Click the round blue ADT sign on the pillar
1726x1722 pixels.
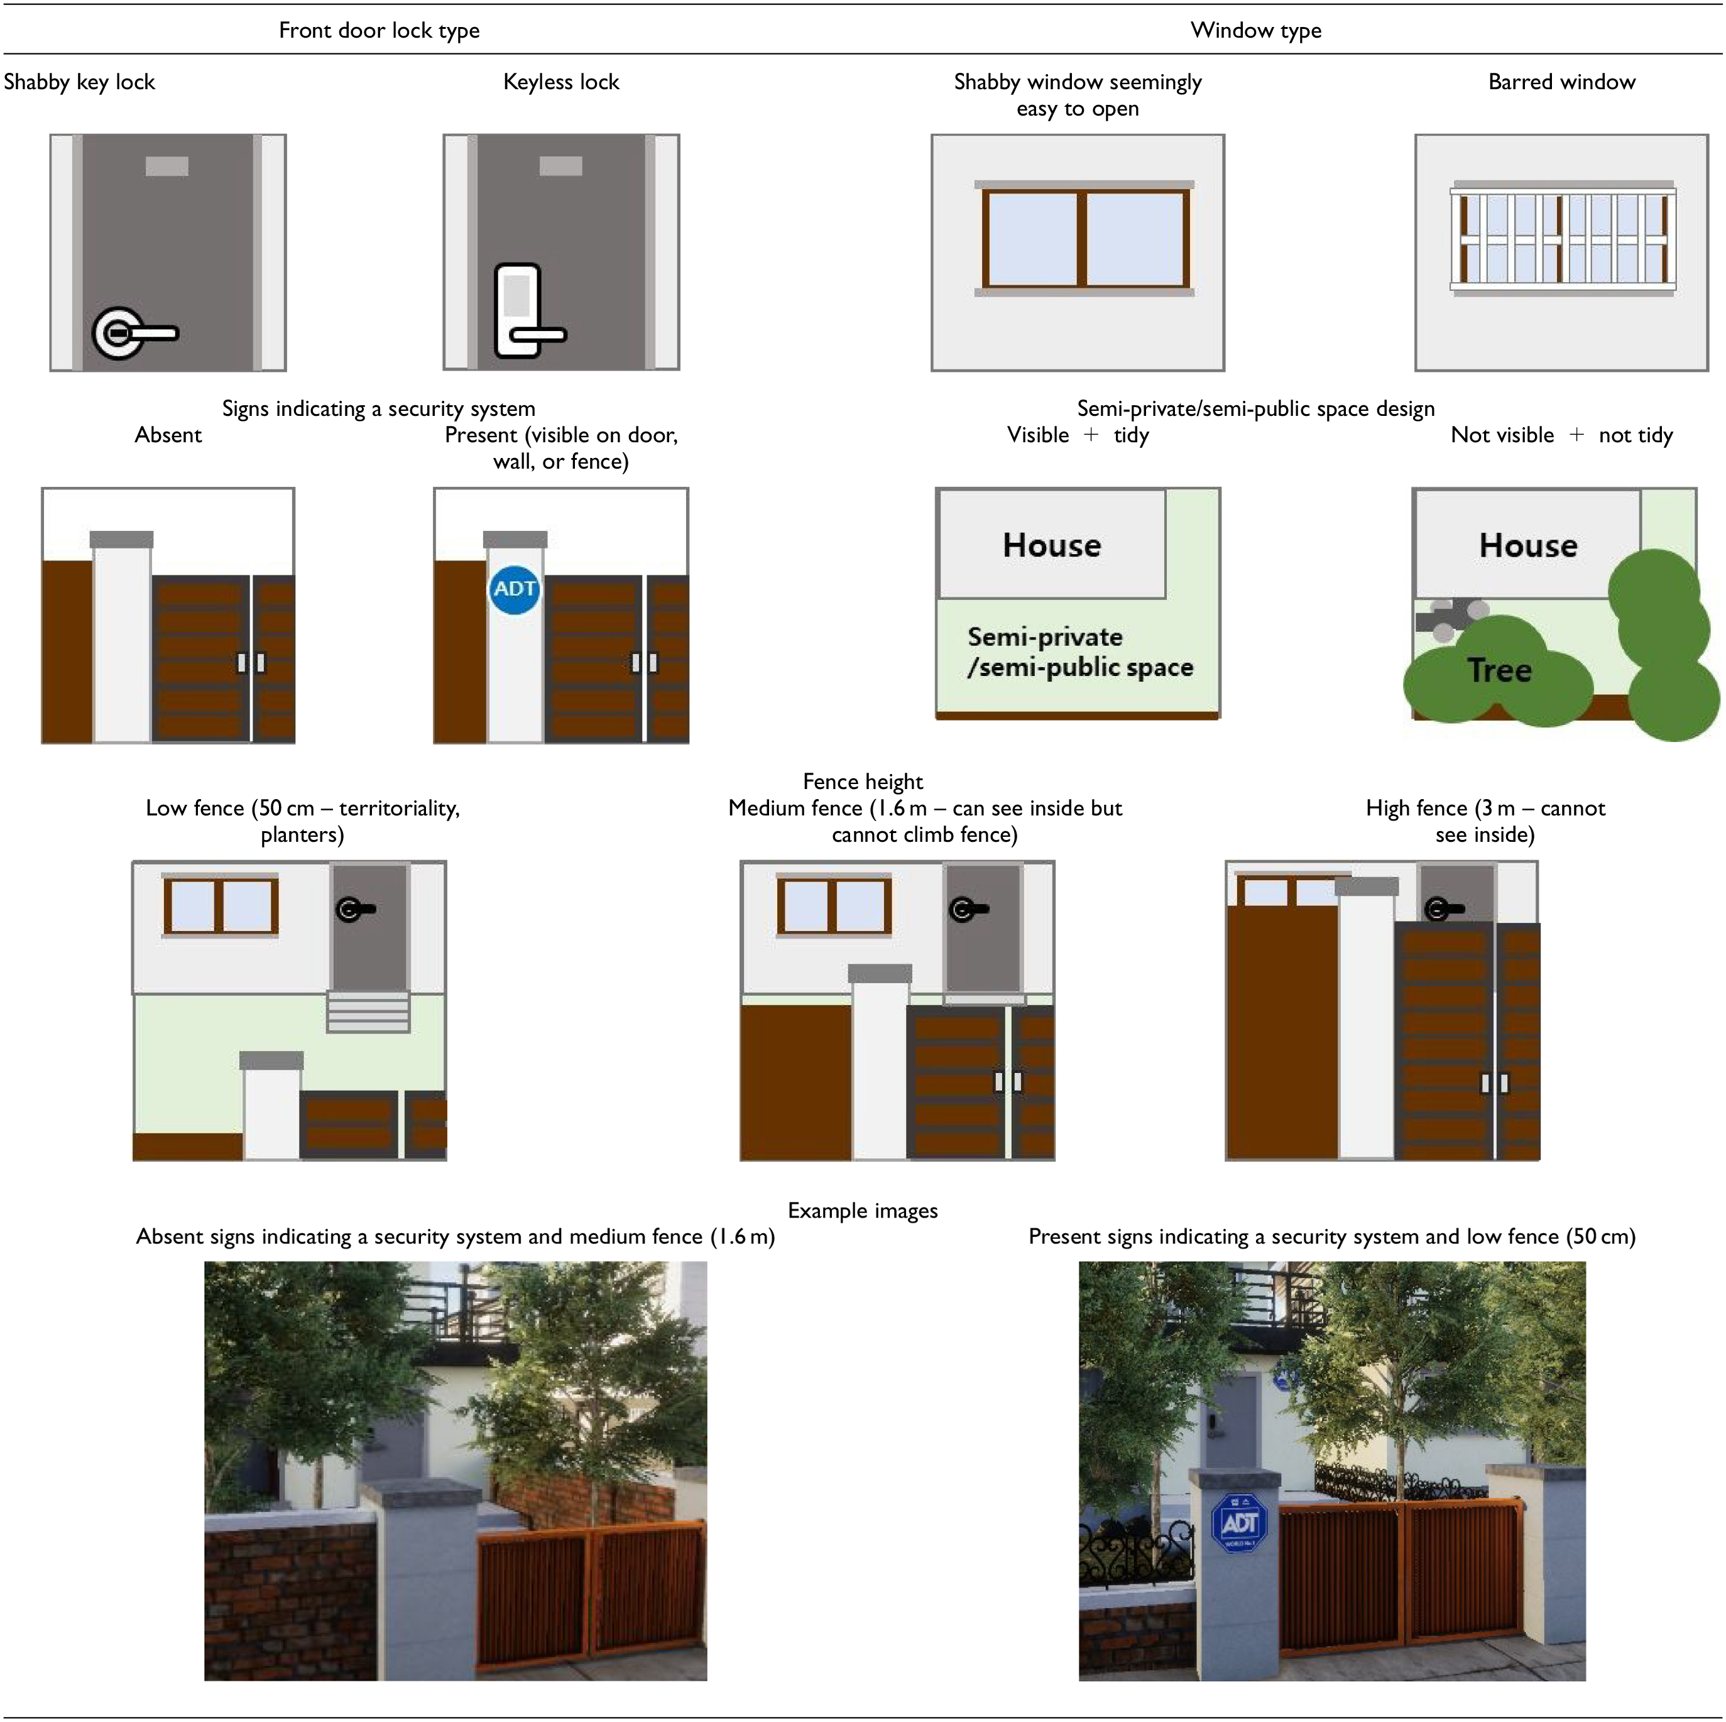coord(515,589)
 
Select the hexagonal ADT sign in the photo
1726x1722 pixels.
coord(1240,1522)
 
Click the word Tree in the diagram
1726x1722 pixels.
coord(1499,670)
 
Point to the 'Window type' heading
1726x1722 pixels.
coord(1256,30)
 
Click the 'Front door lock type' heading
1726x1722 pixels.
coord(379,30)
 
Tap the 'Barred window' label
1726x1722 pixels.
coord(1561,82)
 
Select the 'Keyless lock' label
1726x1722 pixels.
coord(561,82)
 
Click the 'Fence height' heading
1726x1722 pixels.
coord(863,782)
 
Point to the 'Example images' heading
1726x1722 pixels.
coord(863,1210)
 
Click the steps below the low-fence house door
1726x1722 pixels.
coord(368,1012)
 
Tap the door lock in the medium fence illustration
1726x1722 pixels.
coord(968,909)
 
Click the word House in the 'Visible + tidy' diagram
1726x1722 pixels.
coord(1052,545)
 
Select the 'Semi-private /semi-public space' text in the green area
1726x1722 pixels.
coord(1080,652)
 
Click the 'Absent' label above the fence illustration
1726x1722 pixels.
coord(168,435)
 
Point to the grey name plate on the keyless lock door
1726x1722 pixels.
coord(561,166)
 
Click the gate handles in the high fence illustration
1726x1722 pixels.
coord(1495,1082)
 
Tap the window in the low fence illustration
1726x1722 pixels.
coord(221,906)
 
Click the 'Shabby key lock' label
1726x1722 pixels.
coord(80,82)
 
